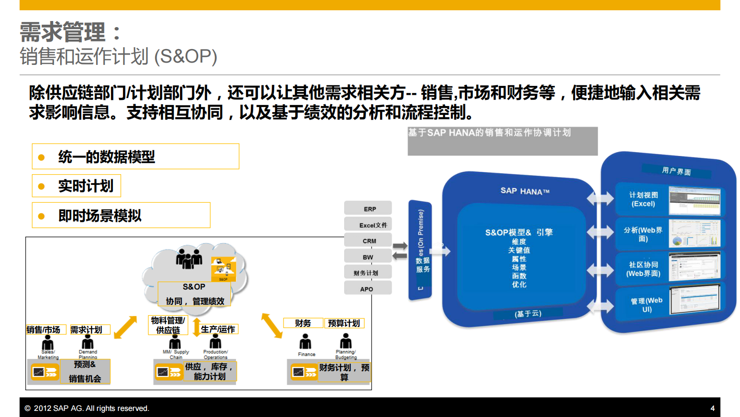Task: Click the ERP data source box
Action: [368, 208]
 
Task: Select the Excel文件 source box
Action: [368, 225]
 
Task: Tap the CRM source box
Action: [368, 240]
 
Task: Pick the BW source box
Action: [368, 256]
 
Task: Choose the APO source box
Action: [368, 289]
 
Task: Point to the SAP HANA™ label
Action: [525, 191]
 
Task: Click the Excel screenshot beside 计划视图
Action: [694, 200]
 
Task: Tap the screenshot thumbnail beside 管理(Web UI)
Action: [695, 299]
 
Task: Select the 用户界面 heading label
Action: [676, 171]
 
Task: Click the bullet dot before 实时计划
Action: [41, 186]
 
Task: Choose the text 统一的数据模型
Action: [106, 157]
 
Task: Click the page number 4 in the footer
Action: [712, 408]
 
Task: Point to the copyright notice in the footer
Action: [87, 408]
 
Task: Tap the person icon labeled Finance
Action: [305, 343]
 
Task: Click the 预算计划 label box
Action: [344, 323]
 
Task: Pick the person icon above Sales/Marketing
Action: [48, 343]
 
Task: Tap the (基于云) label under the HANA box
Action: [528, 314]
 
